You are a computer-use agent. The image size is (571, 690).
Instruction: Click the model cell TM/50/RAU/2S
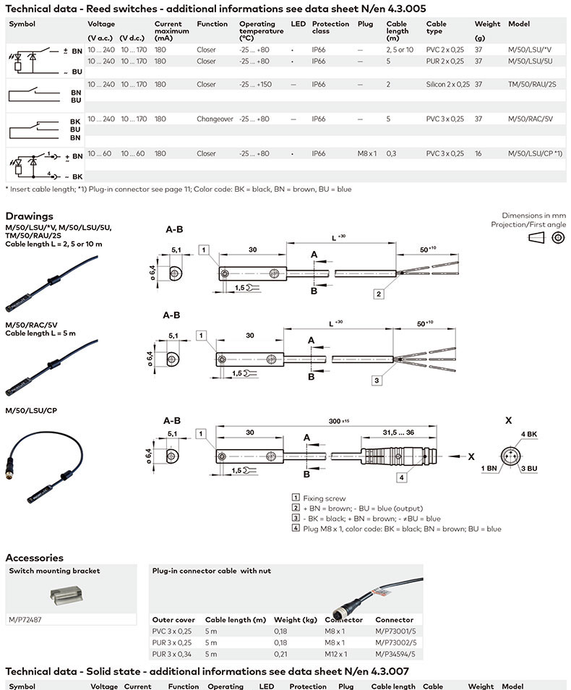[532, 85]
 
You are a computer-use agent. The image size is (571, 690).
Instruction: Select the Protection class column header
[330, 28]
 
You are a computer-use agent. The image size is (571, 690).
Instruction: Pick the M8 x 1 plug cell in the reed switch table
[367, 153]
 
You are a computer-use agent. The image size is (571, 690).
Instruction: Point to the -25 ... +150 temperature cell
[255, 85]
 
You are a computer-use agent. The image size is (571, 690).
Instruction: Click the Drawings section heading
[29, 216]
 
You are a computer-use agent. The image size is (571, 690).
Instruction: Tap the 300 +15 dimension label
[335, 421]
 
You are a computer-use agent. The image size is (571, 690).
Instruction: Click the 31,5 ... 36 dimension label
[398, 433]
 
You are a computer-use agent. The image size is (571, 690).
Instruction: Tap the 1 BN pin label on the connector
[488, 469]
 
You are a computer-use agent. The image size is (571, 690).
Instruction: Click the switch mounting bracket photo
[72, 595]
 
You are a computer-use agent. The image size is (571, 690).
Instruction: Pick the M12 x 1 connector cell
[336, 654]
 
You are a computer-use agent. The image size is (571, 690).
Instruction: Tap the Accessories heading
[34, 558]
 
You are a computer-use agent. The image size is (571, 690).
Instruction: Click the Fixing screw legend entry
[323, 498]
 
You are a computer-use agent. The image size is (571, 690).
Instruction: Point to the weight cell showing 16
[478, 153]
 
